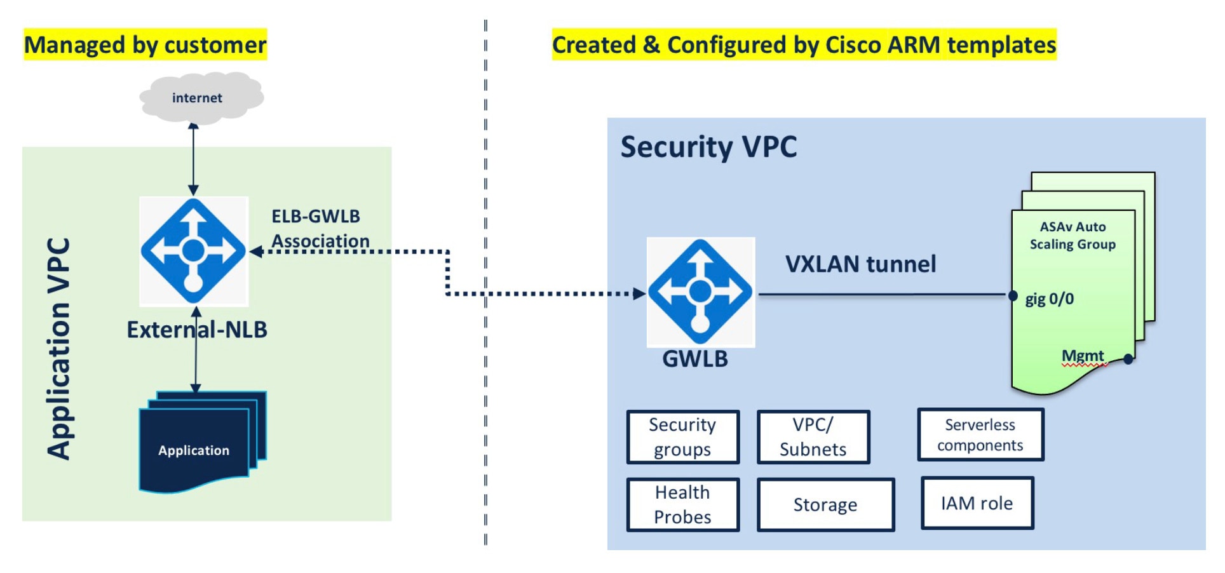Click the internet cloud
click(201, 97)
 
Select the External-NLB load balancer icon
click(193, 251)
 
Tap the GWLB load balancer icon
click(700, 292)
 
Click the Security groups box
click(683, 437)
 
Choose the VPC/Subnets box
click(813, 437)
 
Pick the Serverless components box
click(980, 435)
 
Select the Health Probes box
click(683, 504)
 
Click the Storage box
click(825, 504)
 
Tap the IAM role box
click(977, 503)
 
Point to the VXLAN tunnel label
click(861, 264)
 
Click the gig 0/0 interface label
click(1050, 299)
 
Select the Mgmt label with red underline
click(1083, 356)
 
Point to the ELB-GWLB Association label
click(320, 229)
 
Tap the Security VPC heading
click(708, 147)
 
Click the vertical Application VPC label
click(58, 349)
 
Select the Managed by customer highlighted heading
click(146, 44)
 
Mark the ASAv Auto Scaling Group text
click(1073, 236)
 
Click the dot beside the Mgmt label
click(1128, 360)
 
